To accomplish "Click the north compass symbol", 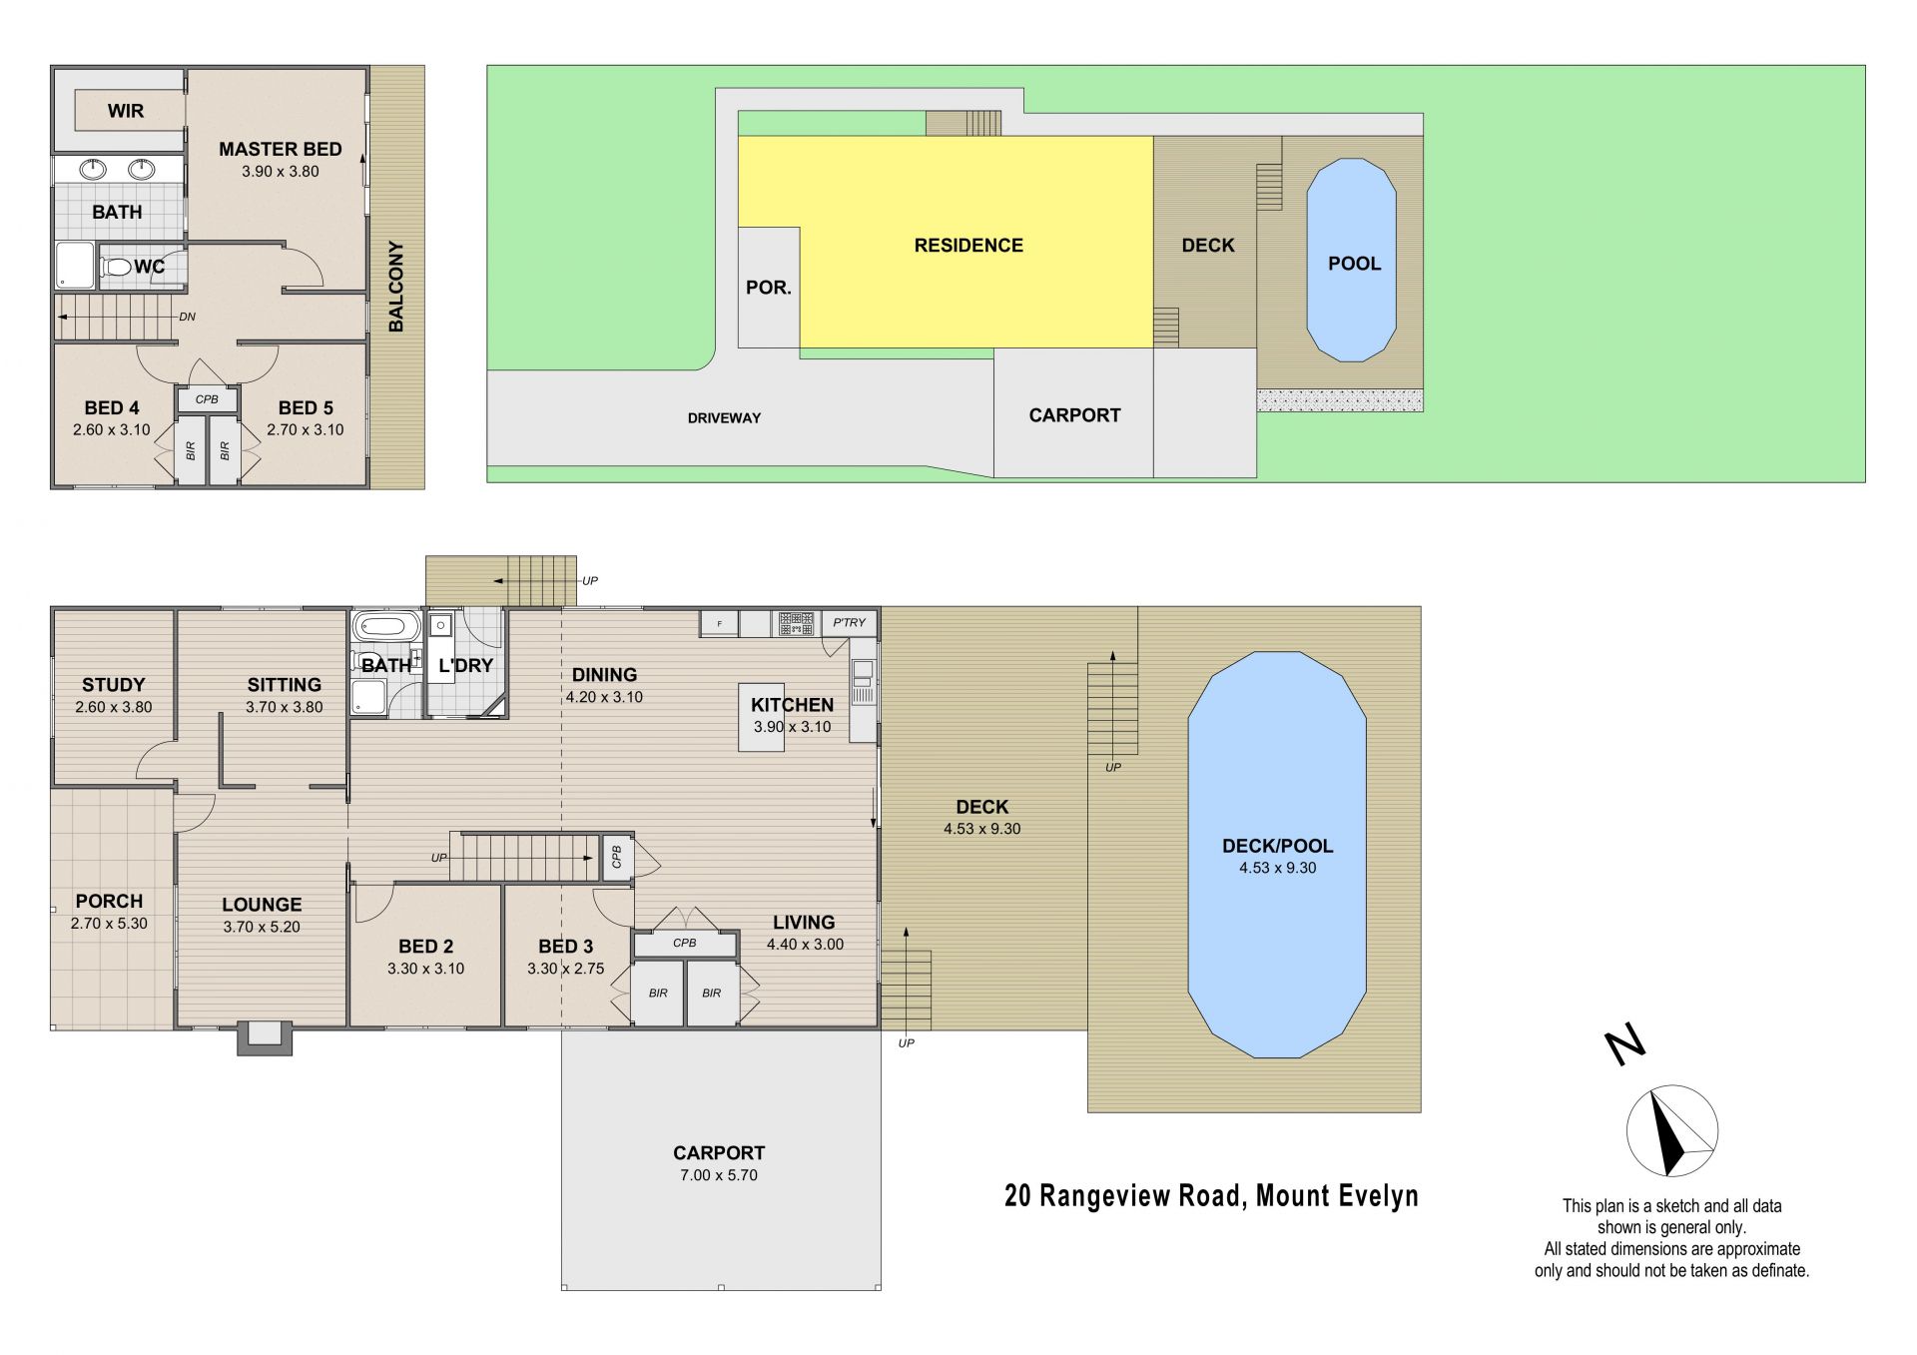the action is (x=1671, y=1131).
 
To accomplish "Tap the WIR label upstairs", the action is (x=126, y=111).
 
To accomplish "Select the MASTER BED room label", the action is (x=281, y=149).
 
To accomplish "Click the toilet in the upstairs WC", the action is (x=117, y=267).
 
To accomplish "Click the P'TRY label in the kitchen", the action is (x=850, y=622).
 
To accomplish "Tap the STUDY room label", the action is (x=114, y=685).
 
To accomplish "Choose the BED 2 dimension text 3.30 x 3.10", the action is (x=426, y=969).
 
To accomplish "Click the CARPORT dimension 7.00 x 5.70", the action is (x=719, y=1175).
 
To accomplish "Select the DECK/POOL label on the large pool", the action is (x=1278, y=846).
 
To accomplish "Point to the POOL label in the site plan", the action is (x=1355, y=264).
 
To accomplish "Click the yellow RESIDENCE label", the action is (x=968, y=246).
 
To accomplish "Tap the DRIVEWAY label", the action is (x=725, y=418).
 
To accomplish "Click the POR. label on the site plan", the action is (x=769, y=288).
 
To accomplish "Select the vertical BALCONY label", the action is (x=396, y=286).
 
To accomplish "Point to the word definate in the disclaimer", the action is (x=1774, y=1271).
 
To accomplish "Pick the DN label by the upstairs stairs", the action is (x=187, y=318).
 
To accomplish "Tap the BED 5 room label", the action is (x=306, y=408).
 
